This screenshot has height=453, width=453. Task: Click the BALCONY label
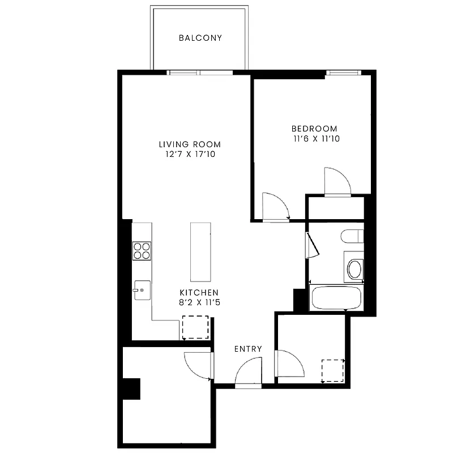click(200, 39)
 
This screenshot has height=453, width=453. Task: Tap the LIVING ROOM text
click(190, 144)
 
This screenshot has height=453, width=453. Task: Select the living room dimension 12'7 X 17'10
click(190, 154)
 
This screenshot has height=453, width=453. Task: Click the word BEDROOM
click(314, 129)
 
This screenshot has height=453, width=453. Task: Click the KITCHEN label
click(199, 292)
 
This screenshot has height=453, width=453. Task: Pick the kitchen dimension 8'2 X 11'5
click(199, 302)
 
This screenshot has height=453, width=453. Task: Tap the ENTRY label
click(248, 349)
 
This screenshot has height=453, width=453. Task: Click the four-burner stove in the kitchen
click(142, 250)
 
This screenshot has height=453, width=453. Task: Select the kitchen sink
click(142, 290)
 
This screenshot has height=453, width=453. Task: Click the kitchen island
click(200, 251)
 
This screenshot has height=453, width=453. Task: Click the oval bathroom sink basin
click(354, 269)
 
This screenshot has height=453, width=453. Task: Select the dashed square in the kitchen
click(195, 327)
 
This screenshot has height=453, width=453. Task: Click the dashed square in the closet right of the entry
click(333, 370)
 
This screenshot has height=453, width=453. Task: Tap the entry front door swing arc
click(248, 374)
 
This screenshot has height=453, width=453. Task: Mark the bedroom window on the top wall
click(343, 72)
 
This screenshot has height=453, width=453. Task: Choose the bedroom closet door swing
click(337, 181)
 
